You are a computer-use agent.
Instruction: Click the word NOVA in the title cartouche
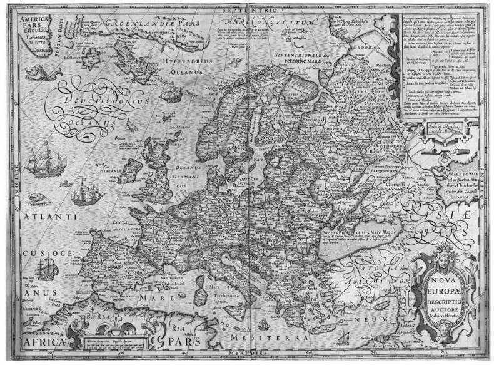446,291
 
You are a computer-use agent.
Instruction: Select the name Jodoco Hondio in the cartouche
447,333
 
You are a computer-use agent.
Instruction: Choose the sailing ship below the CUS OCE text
46,269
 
